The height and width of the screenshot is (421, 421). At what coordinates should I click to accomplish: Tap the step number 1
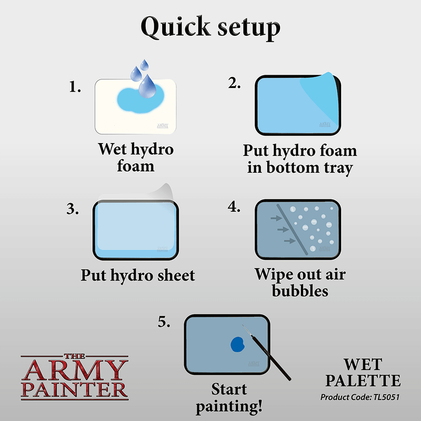point(75,87)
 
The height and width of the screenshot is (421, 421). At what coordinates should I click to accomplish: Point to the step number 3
point(73,208)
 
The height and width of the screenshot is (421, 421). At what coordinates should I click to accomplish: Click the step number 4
point(234,206)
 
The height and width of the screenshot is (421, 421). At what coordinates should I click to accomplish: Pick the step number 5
point(164,322)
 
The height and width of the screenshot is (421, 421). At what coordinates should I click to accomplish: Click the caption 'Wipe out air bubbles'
point(300,282)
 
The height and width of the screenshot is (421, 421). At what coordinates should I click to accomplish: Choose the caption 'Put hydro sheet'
point(138,275)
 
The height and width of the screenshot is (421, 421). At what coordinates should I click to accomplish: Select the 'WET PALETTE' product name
point(365,373)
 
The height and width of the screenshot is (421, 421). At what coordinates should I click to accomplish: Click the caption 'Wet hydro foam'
point(136,157)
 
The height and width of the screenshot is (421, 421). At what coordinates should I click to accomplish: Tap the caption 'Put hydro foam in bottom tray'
point(300,159)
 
